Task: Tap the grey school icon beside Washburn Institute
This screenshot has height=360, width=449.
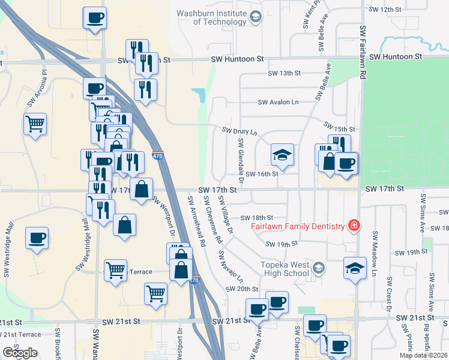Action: pos(256,17)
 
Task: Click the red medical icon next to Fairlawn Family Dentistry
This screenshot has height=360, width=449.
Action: pos(354,226)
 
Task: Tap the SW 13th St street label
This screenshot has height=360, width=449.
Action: pos(284,73)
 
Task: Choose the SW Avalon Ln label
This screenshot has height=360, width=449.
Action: pos(278,103)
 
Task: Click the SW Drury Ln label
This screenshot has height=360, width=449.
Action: pos(240,131)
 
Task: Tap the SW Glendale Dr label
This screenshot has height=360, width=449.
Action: pos(241,161)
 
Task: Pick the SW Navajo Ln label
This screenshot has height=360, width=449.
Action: pos(231,266)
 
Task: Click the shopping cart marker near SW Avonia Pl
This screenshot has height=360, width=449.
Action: pos(35,124)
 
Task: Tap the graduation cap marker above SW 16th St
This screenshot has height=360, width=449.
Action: pos(282,155)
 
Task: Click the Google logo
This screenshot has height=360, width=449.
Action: pos(20,353)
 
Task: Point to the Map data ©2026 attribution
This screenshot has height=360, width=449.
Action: pos(423,355)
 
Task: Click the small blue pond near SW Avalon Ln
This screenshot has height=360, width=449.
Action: pos(199,95)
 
